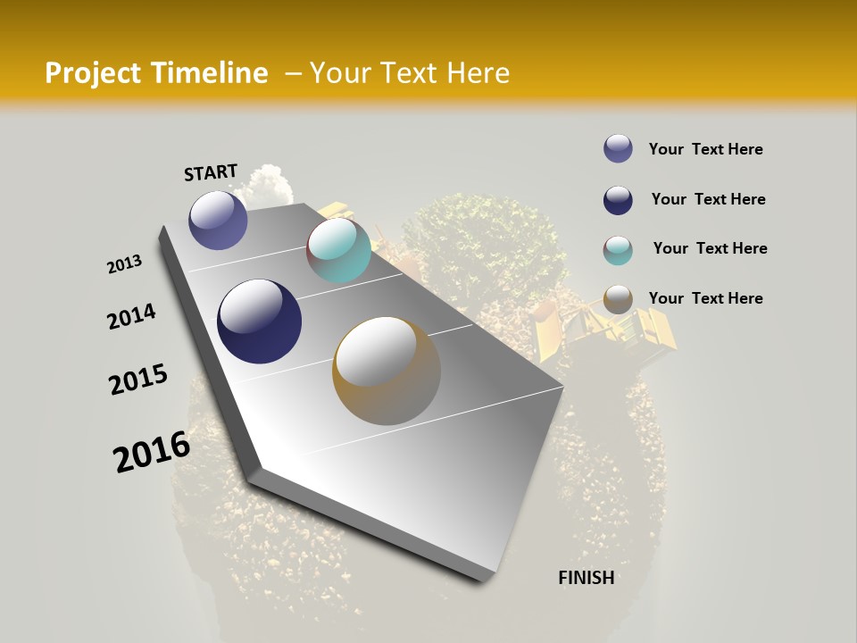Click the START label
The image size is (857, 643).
coord(211,172)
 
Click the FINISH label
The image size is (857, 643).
coord(587,578)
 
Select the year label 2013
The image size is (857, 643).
coord(125,264)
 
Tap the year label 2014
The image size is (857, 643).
coord(132,317)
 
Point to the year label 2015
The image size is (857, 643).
coord(138,380)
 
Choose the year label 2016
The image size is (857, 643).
coord(152,451)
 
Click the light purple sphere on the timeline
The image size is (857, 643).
coord(218,220)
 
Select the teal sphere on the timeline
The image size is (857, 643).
coord(338,250)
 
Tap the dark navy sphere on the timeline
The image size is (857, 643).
coord(259,321)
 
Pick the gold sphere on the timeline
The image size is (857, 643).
coord(387,370)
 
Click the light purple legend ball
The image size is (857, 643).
coord(618,149)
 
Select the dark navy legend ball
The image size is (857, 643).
coord(618,200)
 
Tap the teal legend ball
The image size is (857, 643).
coord(618,250)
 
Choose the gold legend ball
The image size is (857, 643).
coord(618,299)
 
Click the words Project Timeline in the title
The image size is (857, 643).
coord(156,73)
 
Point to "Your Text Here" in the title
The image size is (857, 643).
coord(410,73)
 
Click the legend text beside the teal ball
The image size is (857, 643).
coord(710,248)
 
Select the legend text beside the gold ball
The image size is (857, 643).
coord(705,298)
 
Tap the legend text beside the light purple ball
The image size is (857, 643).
coord(705,149)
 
